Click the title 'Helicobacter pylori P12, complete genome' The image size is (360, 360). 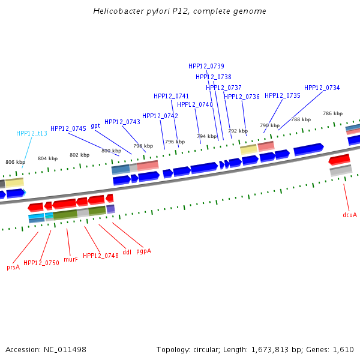pos(180,11)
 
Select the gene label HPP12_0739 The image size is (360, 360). pos(206,66)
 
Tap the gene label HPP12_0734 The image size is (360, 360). pos(322,88)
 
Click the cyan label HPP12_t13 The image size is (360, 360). pos(32,133)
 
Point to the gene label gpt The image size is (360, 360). pos(95,125)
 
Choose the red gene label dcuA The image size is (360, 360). pos(350,214)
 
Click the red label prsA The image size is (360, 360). pos(13,267)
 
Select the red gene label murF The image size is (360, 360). pos(71,259)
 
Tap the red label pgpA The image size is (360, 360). pos(143,251)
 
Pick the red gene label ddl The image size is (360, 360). pos(127,253)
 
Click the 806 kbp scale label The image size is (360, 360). pos(16,162)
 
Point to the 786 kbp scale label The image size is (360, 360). pos(332,113)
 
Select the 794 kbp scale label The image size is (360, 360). pos(206,136)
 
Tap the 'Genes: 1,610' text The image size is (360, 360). pos(335,349)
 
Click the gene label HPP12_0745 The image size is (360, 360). pos(68,128)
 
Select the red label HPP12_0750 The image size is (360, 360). pos(41,263)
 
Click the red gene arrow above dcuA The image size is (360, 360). pos(339,160)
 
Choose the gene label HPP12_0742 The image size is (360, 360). pos(160,116)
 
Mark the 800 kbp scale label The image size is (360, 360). pos(111,151)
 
